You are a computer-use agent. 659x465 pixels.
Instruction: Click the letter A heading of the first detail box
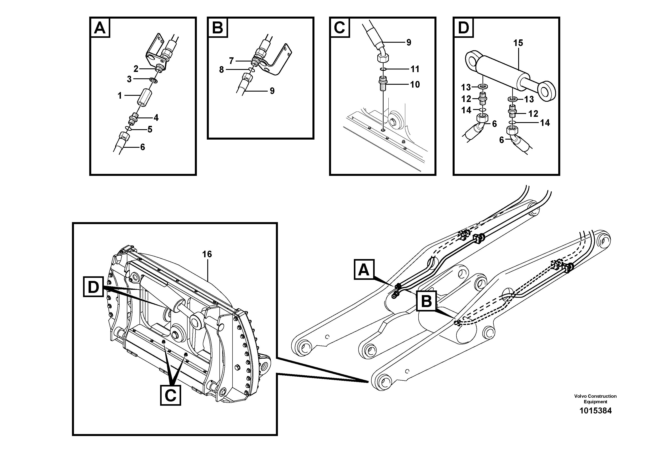[x=100, y=28]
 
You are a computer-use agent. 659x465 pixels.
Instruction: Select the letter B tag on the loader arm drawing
[x=426, y=301]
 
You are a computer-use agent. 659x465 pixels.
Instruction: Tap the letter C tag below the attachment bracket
[x=171, y=396]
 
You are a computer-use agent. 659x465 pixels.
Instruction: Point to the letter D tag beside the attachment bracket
[x=93, y=287]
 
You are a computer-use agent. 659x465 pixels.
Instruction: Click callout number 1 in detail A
[x=120, y=96]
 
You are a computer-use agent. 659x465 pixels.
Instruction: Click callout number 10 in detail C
[x=415, y=85]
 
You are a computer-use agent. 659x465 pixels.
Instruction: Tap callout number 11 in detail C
[x=415, y=69]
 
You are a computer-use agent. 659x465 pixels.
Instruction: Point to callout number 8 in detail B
[x=221, y=70]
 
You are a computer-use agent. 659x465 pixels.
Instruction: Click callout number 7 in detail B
[x=231, y=61]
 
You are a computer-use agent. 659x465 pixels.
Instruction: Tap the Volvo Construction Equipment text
[x=595, y=399]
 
